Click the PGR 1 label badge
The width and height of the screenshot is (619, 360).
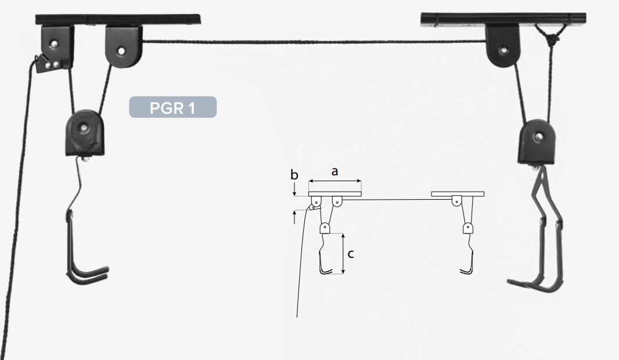(x=173, y=107)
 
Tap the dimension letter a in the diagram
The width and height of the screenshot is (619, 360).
(x=335, y=172)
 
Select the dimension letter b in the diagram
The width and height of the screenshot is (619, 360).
(x=294, y=174)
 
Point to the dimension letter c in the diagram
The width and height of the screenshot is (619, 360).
(x=351, y=254)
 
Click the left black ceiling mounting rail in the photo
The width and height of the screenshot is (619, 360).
(x=118, y=19)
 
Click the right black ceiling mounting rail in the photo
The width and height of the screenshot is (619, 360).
(x=503, y=19)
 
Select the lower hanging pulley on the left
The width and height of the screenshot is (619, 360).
(x=85, y=133)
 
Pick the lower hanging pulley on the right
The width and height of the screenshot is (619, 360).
(x=537, y=142)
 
